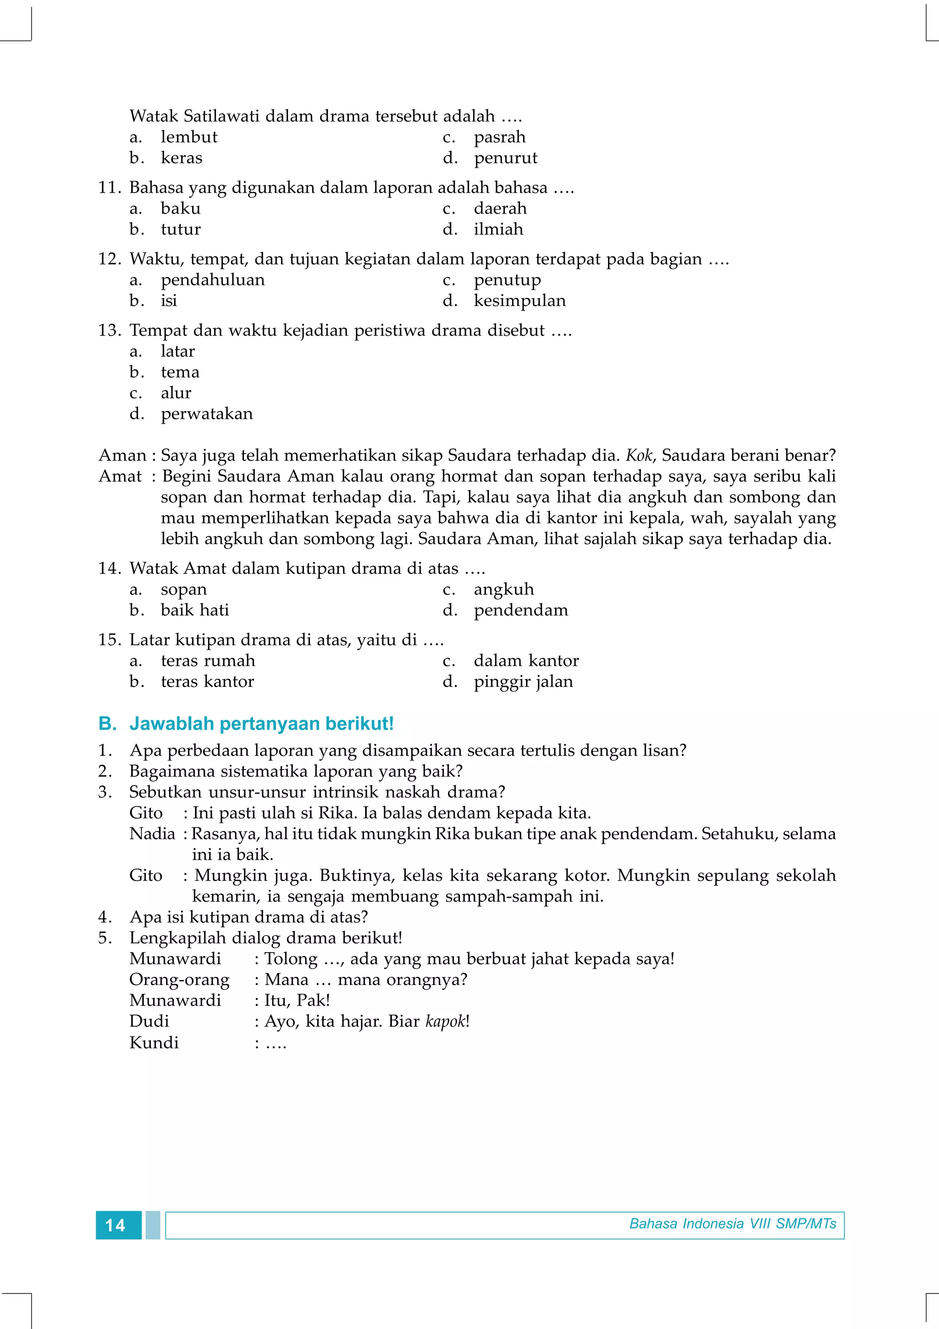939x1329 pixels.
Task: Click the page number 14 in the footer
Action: point(116,1225)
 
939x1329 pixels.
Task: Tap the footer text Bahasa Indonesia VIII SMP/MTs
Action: point(733,1224)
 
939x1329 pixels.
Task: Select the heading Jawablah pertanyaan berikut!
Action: point(261,724)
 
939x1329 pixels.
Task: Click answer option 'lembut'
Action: point(188,137)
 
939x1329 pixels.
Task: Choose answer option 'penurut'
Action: point(505,158)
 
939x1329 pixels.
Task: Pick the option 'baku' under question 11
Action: point(181,208)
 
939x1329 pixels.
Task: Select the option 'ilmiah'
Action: point(498,229)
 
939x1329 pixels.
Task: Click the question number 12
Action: point(109,259)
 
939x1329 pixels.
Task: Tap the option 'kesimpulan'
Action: point(519,300)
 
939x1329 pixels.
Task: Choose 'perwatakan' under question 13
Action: point(206,414)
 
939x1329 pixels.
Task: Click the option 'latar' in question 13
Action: point(177,351)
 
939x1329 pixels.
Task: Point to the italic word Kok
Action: point(639,455)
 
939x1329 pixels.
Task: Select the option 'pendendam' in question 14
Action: point(521,610)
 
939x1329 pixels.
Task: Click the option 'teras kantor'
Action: point(207,682)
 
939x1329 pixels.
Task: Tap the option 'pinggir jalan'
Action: point(523,682)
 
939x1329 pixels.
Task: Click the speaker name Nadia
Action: point(152,834)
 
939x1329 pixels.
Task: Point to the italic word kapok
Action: point(445,1022)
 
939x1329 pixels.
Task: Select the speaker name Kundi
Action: point(154,1043)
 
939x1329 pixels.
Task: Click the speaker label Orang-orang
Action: point(179,980)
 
